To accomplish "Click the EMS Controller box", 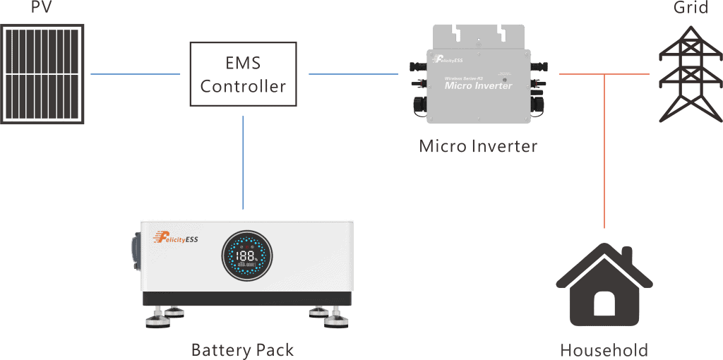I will (x=243, y=74).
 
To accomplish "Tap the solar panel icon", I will (x=42, y=73).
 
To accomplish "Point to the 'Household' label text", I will (x=604, y=350).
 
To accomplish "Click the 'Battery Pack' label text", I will (x=242, y=349).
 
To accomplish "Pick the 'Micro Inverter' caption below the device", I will (x=478, y=146).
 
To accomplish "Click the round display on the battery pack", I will (x=246, y=255).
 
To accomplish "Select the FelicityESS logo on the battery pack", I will (x=177, y=239).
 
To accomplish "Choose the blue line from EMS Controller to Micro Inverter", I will (x=354, y=74).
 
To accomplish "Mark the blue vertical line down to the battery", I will (x=243, y=162).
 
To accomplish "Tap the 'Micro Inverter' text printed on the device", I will (x=478, y=85).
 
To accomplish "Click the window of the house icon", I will (x=604, y=303).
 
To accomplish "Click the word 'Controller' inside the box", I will (x=243, y=87).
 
